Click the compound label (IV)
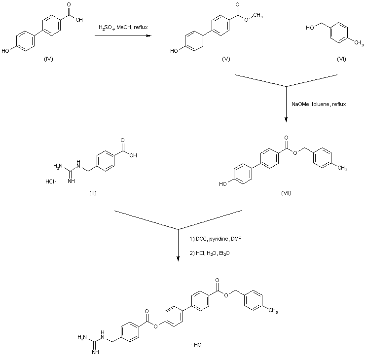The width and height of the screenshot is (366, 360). tap(48, 59)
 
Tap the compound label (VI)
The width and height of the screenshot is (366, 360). tap(341, 59)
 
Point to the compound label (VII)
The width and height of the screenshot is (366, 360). tap(286, 192)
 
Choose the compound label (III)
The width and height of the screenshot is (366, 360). tap(93, 192)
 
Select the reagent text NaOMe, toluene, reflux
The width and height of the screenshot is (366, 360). tap(313, 105)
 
